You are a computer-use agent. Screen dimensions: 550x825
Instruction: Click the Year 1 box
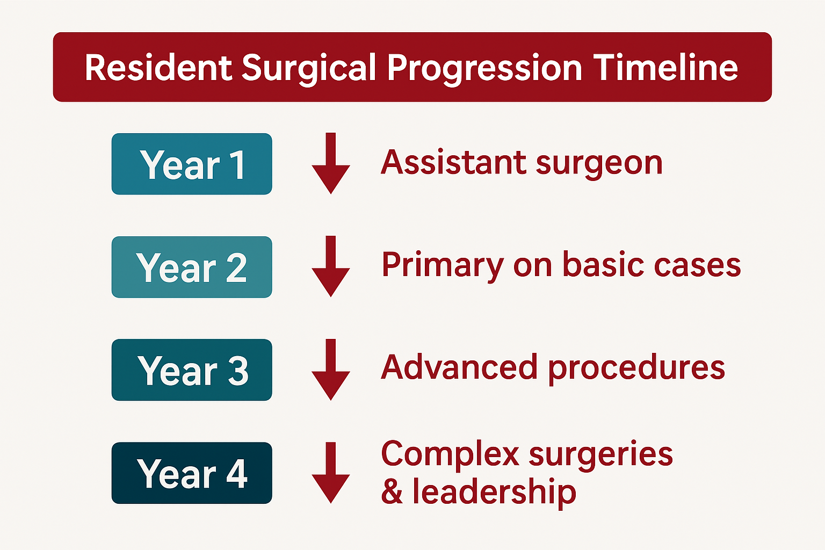tap(192, 164)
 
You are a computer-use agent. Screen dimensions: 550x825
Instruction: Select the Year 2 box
tap(192, 267)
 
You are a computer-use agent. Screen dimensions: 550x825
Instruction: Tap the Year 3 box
tap(192, 370)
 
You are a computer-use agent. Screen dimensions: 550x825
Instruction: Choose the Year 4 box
tap(192, 473)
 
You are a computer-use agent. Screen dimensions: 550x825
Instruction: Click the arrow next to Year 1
tap(331, 164)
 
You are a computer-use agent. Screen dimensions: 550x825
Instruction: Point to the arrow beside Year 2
tap(331, 267)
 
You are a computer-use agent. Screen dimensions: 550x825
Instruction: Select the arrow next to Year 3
tap(331, 370)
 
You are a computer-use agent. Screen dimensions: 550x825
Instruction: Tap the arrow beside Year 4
tap(331, 473)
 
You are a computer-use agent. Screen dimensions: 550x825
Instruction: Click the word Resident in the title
tap(158, 68)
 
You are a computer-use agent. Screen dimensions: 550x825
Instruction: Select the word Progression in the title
tap(484, 69)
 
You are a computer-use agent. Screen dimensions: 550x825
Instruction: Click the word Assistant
tap(453, 162)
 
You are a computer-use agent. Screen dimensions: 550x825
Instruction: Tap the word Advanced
tap(459, 367)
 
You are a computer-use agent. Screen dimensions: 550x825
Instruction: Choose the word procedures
tap(636, 368)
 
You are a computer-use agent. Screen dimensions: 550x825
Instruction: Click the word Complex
tap(450, 454)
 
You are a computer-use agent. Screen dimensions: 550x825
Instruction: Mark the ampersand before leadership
tap(392, 492)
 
